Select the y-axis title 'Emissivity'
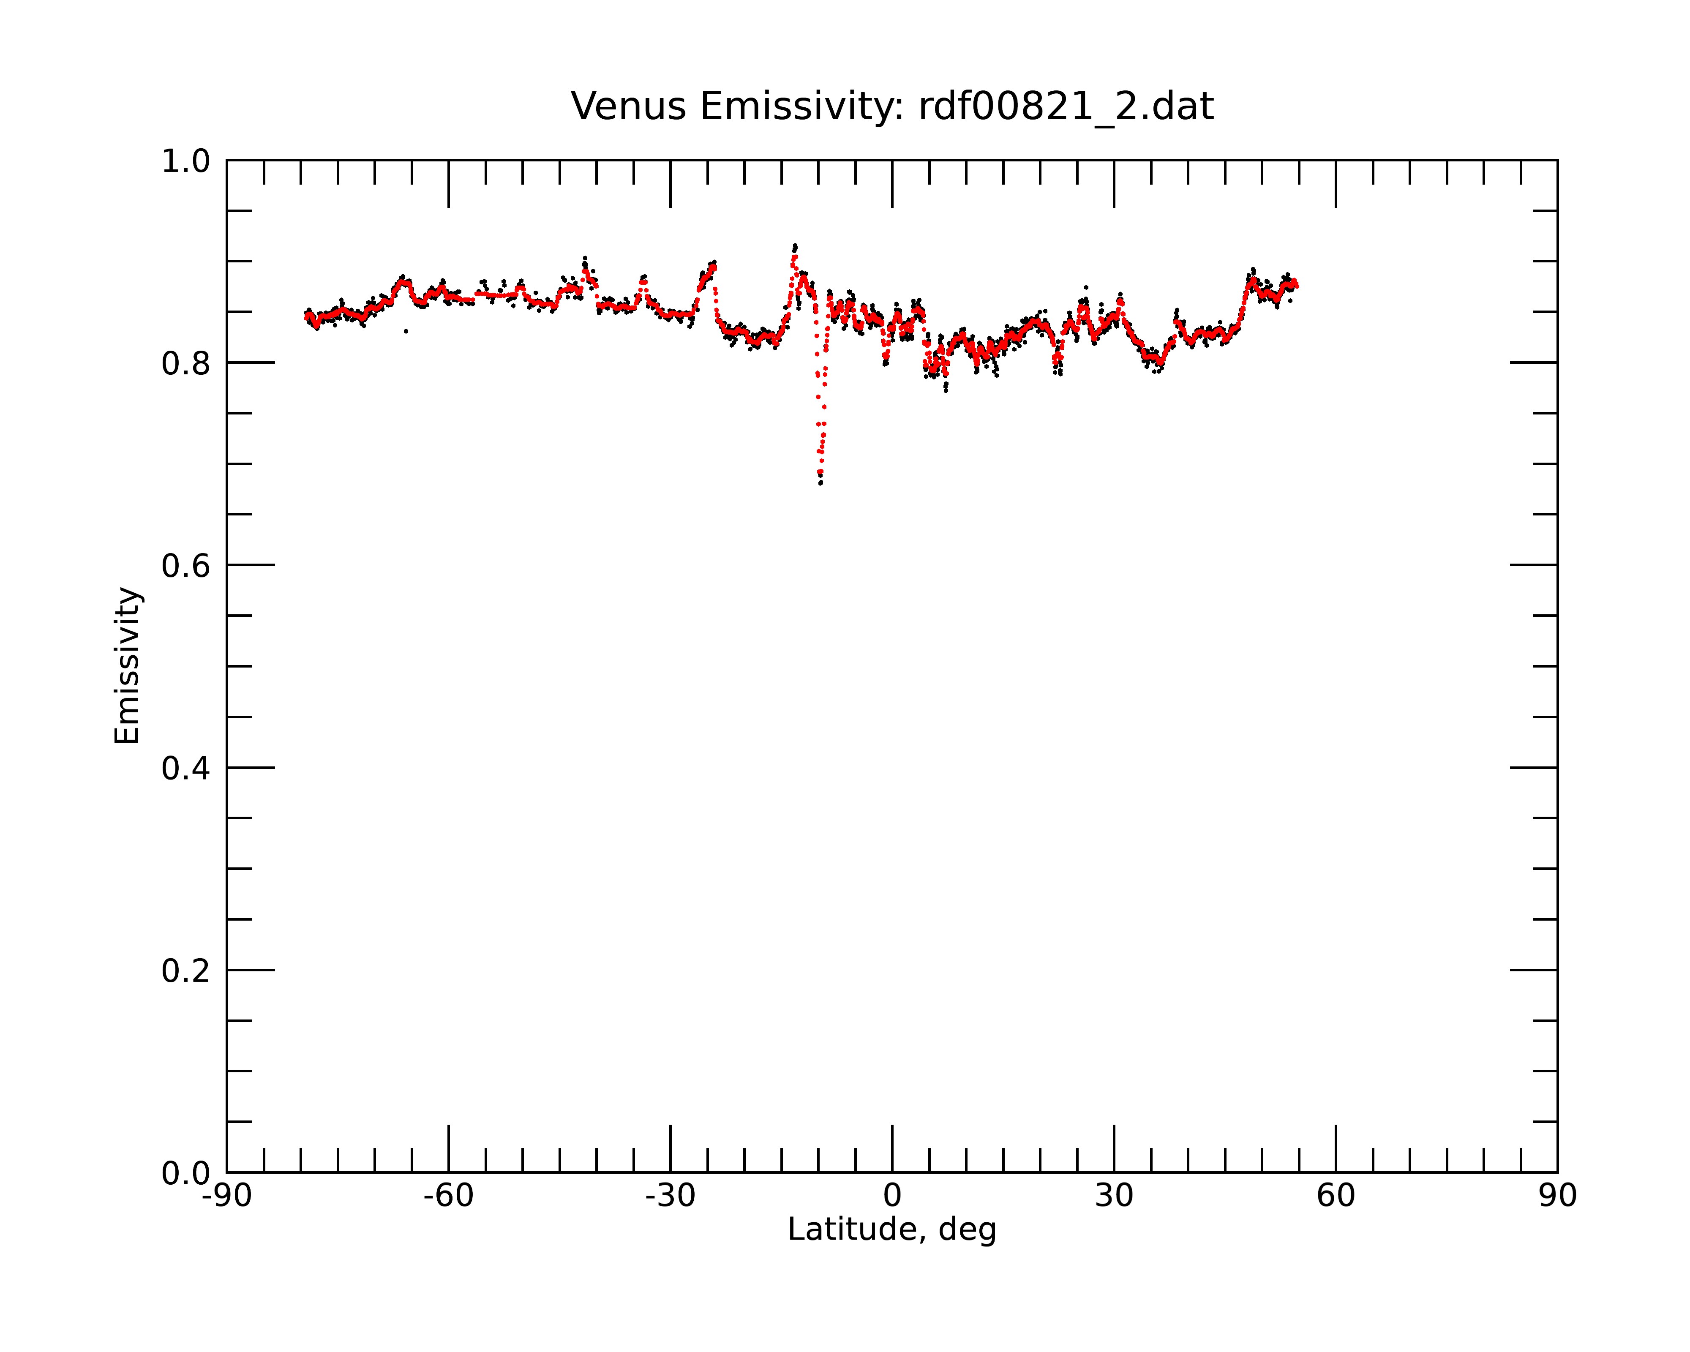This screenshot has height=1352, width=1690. [127, 665]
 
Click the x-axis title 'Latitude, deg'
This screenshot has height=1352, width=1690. [892, 1230]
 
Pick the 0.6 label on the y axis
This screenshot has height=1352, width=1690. [186, 566]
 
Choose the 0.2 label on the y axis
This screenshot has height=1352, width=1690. [186, 971]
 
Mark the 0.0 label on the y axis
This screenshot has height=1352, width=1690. [186, 1173]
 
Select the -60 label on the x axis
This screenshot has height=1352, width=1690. [448, 1196]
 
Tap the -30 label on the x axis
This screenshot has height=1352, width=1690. [670, 1196]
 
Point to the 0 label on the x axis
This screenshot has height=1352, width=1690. [892, 1196]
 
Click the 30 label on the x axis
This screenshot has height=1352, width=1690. [1114, 1196]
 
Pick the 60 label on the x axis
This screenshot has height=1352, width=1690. [1336, 1196]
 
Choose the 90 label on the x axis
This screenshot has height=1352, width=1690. [1557, 1196]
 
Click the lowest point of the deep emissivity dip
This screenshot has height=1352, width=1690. [820, 483]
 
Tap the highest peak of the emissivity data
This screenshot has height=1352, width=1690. [795, 245]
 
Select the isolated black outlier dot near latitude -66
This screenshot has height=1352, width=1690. [406, 331]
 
